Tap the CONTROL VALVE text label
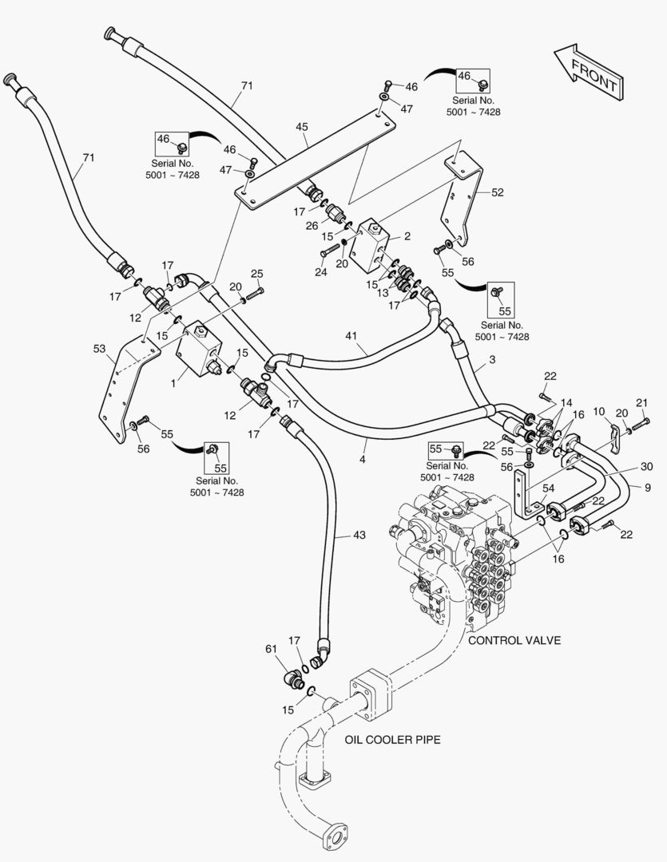coord(514,640)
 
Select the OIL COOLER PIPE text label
coord(392,740)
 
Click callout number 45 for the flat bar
coord(301,126)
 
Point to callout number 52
coord(498,192)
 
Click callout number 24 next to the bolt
coord(321,271)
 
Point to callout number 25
coord(256,275)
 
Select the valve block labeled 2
coord(375,243)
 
